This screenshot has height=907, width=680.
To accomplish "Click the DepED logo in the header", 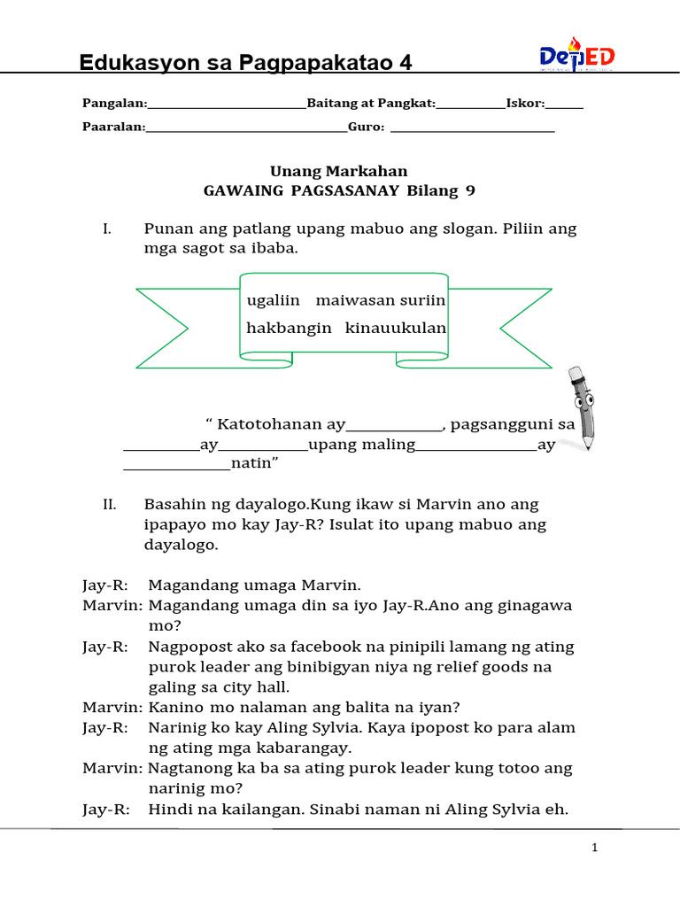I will (576, 58).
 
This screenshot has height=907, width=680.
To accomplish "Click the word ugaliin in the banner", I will (274, 301).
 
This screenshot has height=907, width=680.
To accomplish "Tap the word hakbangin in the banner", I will (289, 328).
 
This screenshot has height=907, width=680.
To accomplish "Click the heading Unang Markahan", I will (339, 170).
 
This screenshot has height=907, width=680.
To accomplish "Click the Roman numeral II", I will (110, 504).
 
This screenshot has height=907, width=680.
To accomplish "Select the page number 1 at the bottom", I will (596, 849).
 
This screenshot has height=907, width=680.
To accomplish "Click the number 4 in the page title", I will (406, 62).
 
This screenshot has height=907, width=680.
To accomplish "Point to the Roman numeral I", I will (107, 229).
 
